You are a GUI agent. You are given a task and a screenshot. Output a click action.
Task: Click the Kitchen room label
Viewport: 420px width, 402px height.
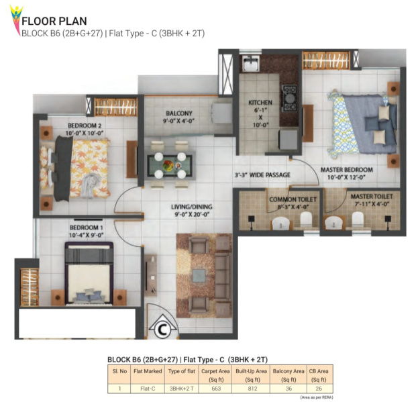[x=260, y=113]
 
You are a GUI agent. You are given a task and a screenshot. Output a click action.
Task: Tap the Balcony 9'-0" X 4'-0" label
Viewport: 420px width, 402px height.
[x=178, y=117]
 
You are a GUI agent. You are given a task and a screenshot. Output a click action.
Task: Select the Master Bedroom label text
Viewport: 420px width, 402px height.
[x=347, y=173]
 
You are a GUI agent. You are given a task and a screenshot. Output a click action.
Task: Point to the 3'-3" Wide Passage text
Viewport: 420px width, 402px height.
[x=262, y=175]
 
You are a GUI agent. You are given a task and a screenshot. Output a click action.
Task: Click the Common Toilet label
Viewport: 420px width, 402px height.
[x=293, y=203]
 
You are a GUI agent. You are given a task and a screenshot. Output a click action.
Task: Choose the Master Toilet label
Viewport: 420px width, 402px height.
[x=372, y=200]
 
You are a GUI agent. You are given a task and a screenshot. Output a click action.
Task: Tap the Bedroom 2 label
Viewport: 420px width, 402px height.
[x=85, y=129]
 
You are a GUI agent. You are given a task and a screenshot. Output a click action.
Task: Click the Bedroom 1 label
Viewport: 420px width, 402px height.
[x=87, y=232]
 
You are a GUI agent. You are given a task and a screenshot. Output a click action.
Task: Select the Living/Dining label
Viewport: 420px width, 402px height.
[x=192, y=210]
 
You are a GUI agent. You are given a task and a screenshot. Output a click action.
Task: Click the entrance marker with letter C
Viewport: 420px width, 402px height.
[x=162, y=328]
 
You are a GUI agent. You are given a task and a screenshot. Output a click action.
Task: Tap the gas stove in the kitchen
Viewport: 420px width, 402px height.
[x=289, y=98]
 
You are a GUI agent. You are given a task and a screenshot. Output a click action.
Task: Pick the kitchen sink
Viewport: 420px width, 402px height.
[x=251, y=63]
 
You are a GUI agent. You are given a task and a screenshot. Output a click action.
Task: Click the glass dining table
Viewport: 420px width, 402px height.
[x=170, y=165]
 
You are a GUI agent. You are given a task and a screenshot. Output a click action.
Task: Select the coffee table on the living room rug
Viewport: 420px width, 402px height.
[x=199, y=276]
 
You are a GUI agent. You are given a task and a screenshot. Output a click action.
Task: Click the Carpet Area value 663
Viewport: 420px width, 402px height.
[x=216, y=389]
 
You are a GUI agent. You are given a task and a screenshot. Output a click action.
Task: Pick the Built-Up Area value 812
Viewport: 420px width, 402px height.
[x=252, y=389]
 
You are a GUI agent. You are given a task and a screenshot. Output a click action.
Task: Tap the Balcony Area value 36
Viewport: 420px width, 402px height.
[x=288, y=389]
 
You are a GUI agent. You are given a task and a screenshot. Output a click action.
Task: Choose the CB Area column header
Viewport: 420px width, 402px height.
[x=319, y=375]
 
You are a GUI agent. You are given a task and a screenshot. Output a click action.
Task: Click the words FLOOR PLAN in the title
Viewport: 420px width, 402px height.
[x=54, y=21]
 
